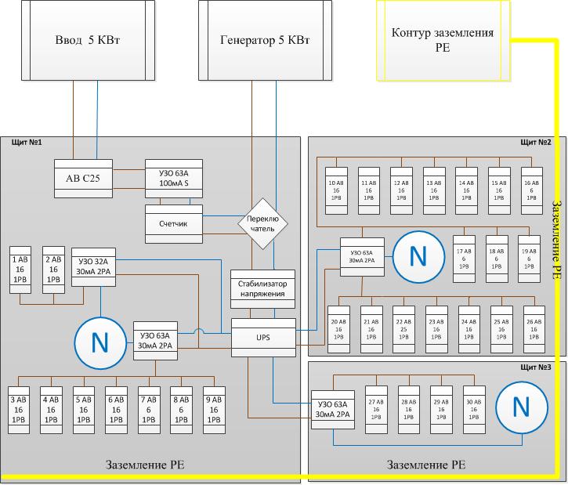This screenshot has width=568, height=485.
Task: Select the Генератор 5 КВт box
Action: [261, 40]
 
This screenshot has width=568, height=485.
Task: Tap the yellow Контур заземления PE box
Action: [442, 40]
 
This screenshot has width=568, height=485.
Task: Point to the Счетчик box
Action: [174, 223]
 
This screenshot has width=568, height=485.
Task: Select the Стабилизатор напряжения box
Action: [262, 288]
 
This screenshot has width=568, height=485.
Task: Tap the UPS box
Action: [262, 337]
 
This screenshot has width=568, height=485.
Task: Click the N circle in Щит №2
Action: [418, 256]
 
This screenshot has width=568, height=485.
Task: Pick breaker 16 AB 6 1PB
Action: [532, 190]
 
